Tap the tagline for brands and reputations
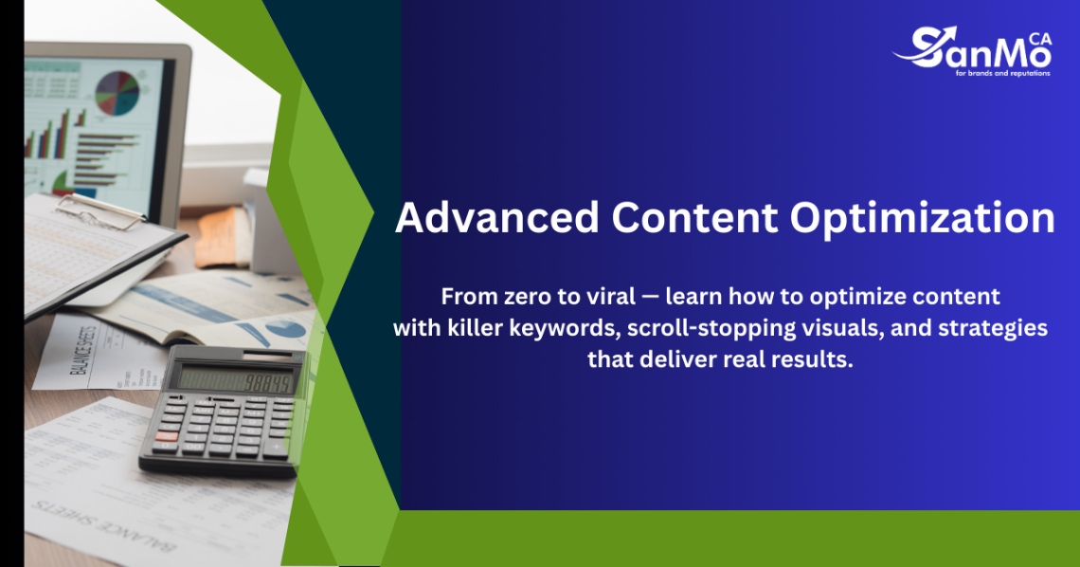pos(1002,73)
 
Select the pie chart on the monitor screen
pos(117,91)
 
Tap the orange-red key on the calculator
pos(166,436)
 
